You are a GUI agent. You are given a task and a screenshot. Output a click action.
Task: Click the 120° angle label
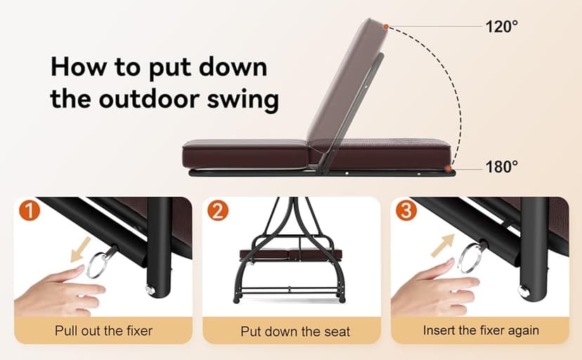click(501, 26)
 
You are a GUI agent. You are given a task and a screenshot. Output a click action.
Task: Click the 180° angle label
click(501, 167)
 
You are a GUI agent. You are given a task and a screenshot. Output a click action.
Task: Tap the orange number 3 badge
click(406, 210)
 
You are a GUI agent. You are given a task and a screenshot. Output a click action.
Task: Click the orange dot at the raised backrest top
click(386, 27)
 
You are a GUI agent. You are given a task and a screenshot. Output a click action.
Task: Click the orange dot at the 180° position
click(449, 168)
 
